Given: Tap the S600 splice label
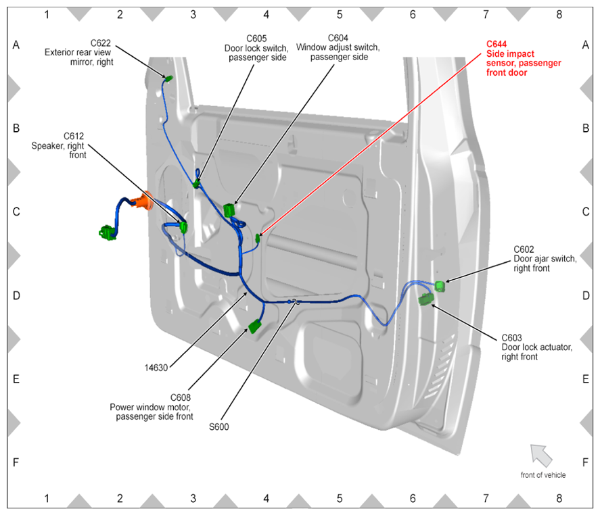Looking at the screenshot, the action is coord(219,426).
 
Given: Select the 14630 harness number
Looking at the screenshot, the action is coord(156,368).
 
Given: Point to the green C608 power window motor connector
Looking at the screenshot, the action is coord(255,327).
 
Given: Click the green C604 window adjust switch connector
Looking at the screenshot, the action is coord(229,210).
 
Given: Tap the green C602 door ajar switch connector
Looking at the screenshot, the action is coord(440,286).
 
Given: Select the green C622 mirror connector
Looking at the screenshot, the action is coord(168,79).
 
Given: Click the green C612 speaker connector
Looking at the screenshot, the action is coord(184,227).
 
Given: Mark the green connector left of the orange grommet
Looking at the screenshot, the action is coord(108,233).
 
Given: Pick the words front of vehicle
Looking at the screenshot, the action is coord(543,475).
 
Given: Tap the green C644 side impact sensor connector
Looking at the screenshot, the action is coord(258,239).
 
